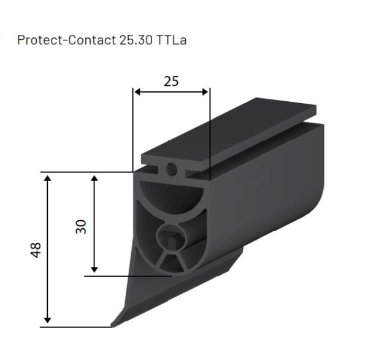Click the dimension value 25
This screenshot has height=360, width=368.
point(171,81)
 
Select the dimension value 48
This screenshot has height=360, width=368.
point(36,250)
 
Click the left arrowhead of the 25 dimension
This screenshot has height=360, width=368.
point(137,92)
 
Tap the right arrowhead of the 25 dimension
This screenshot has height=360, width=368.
point(207,92)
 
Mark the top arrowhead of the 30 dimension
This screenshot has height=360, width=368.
point(94,177)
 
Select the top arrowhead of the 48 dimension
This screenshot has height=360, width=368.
point(48,177)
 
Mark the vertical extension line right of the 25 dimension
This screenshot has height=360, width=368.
point(210,135)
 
